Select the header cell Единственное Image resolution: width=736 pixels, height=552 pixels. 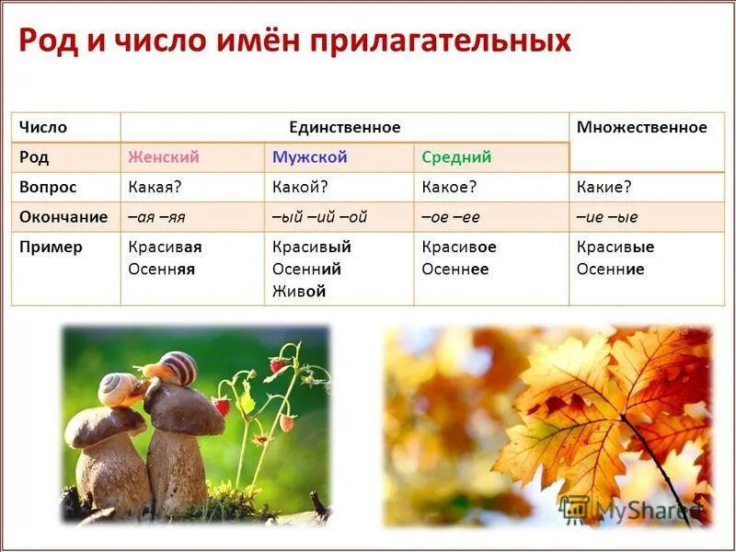pos(345,128)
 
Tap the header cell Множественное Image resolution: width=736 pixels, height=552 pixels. pos(641,128)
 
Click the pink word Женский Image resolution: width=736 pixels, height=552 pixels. pos(164,157)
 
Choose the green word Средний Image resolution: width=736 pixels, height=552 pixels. pos(456,157)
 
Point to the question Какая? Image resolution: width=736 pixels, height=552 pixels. pos(155,187)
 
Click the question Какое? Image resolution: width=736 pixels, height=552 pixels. pos(448,187)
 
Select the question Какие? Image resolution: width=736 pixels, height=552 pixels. pos(604,187)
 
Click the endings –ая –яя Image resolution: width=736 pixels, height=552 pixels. pos(156,217)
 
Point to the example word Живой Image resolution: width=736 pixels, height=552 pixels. pos(299,292)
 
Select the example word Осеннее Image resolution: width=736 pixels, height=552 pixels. pos(455,270)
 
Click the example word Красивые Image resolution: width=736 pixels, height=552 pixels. pos(615,247)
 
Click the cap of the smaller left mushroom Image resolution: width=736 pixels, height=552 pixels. pos(104,425)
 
